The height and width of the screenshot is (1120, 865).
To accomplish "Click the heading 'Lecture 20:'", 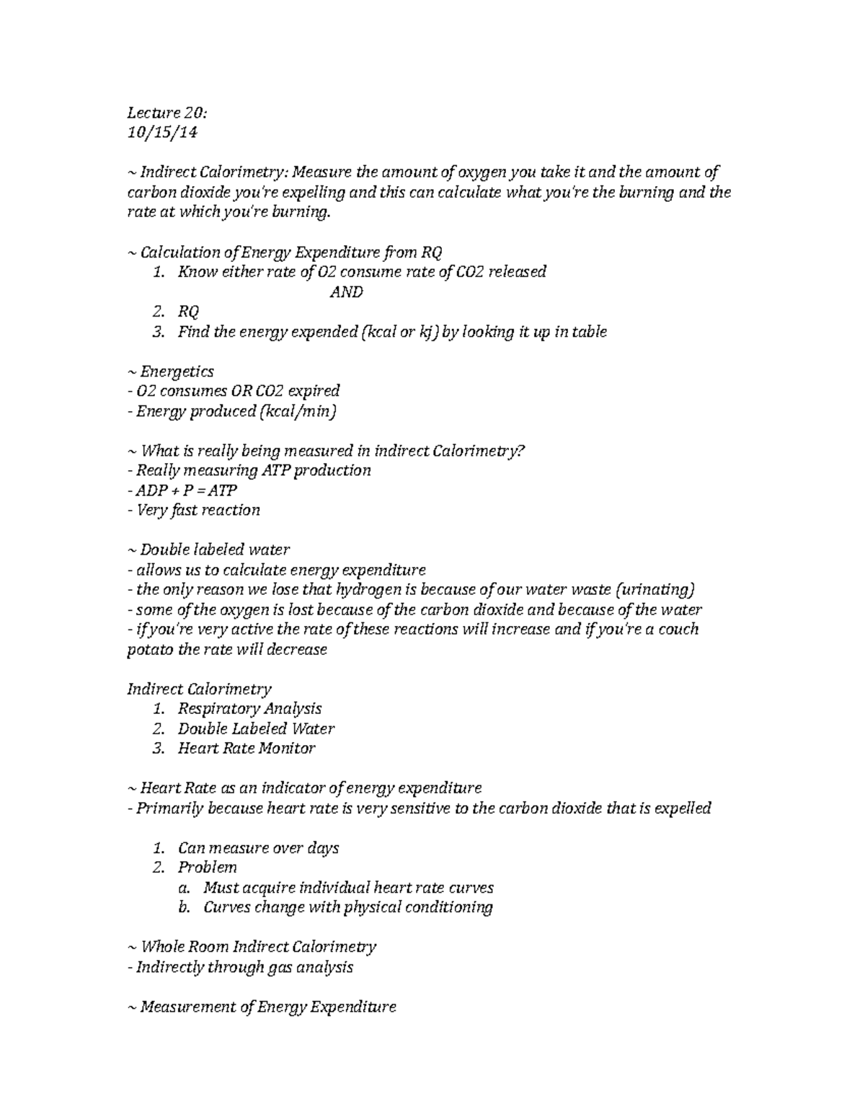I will pos(167,113).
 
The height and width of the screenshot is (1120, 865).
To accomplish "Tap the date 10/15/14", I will pos(162,133).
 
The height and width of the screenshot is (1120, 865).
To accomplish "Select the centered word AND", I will pos(346,292).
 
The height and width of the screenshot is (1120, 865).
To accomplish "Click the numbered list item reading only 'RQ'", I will pos(188,312).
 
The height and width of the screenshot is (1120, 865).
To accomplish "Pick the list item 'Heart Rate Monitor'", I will pos(247,748).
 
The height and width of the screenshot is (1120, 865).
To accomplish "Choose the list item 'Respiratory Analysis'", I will pos(249,708).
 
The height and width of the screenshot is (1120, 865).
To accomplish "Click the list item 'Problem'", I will pos(208,867).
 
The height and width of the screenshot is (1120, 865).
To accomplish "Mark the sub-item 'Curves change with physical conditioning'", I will pos(348,907).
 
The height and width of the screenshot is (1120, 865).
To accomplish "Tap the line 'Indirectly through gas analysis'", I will pos(240,967).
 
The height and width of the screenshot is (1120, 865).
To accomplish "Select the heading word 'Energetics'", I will pos(177,371).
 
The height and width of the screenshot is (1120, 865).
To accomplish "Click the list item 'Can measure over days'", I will pos(258,847).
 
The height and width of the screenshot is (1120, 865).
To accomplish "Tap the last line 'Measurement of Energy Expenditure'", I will pos(261,1007).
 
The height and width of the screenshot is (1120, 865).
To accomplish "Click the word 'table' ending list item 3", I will pos(590,332).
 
